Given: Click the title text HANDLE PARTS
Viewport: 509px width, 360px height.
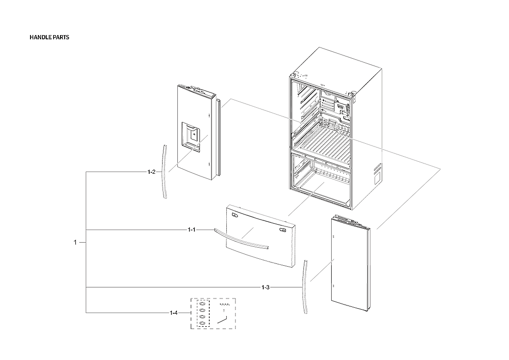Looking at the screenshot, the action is coord(49,37).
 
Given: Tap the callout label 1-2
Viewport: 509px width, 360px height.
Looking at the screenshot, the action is coord(151,172).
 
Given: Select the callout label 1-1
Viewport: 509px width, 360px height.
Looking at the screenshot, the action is coord(192,230).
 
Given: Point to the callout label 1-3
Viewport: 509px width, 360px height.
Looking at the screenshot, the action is coord(265,287).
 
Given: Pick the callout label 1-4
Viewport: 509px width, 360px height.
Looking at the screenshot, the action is coord(173,313).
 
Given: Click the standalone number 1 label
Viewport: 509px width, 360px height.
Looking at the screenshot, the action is coord(75,242).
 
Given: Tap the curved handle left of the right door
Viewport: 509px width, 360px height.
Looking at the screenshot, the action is coord(305,287).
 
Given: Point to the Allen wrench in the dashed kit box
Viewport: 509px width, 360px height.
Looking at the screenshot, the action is coord(223,319).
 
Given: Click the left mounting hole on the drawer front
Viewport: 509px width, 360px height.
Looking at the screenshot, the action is coord(235,214).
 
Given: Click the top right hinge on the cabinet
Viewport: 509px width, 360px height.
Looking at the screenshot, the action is coord(353,96).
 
